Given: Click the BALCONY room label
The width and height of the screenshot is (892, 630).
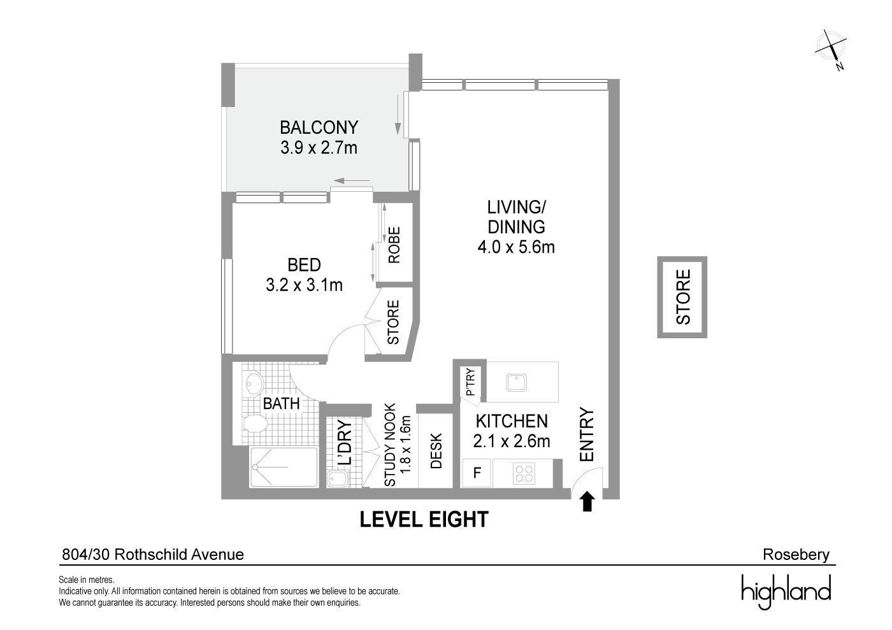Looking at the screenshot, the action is click(319, 127).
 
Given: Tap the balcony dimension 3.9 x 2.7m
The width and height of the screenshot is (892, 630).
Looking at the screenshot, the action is click(319, 148).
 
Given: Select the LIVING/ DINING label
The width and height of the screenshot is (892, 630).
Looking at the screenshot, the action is click(517, 217).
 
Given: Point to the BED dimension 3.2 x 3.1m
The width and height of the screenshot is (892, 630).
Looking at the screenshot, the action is click(305, 285).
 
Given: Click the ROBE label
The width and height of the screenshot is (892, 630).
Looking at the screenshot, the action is click(394, 245).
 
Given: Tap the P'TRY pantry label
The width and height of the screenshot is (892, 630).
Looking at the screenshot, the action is click(470, 382).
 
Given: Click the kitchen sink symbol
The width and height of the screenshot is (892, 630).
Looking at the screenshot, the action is click(517, 383).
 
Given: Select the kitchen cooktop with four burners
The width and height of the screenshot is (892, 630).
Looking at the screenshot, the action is click(524, 474).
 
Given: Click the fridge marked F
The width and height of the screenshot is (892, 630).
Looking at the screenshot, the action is click(477, 473).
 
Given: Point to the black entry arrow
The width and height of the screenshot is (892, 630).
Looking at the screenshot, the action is click(587, 502).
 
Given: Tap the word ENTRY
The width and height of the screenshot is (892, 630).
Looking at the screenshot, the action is click(587, 434).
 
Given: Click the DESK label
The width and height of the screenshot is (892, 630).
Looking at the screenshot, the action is click(436, 451).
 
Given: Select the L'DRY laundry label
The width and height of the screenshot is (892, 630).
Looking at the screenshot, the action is click(345, 443).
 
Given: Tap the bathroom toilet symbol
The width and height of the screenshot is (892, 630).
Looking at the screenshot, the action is click(255, 424).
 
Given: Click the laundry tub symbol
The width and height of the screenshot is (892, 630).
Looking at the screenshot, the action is click(337, 478).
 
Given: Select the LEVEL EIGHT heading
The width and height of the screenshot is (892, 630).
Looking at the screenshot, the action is click(424, 519).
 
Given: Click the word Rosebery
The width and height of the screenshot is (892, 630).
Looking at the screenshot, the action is click(796, 555).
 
